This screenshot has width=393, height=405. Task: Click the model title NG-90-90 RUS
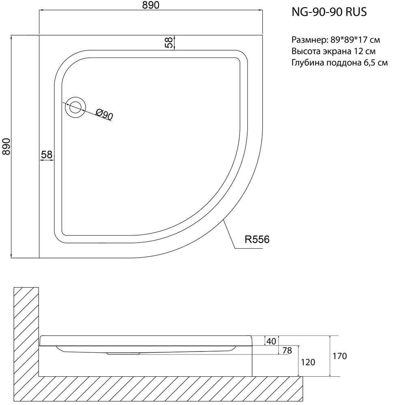pyautogui.click(x=329, y=12)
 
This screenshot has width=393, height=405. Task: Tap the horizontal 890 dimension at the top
pyautogui.click(x=151, y=5)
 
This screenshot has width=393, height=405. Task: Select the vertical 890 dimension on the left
pyautogui.click(x=6, y=147)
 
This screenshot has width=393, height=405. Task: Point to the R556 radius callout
pyautogui.click(x=257, y=239)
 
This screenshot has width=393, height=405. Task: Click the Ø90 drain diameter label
pyautogui.click(x=104, y=114)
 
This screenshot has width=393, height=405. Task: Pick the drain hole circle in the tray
pyautogui.click(x=76, y=107)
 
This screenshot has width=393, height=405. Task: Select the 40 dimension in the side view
pyautogui.click(x=271, y=341)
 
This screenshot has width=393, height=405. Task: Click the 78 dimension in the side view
pyautogui.click(x=287, y=350)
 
